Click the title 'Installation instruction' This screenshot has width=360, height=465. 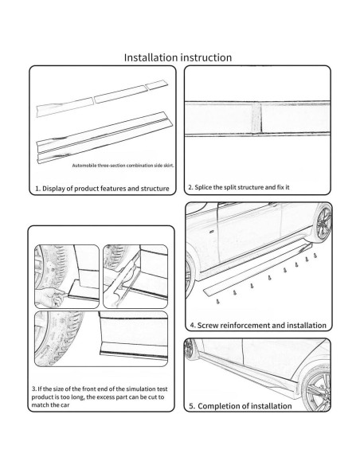click(178, 57)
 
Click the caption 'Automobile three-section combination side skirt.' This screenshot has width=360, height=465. click(123, 166)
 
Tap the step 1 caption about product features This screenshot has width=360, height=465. click(102, 189)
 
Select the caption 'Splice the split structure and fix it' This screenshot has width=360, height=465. click(239, 187)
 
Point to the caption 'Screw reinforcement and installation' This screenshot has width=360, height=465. click(258, 326)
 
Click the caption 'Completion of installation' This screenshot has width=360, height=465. click(241, 406)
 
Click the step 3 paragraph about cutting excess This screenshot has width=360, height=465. click(100, 397)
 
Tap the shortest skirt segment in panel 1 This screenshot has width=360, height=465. click(157, 84)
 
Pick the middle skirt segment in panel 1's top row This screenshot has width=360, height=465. click(119, 94)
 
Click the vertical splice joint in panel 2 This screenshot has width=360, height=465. click(256, 119)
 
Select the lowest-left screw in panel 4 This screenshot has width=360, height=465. click(218, 302)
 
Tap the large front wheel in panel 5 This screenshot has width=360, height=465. click(317, 389)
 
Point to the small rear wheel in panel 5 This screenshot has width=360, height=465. click(189, 348)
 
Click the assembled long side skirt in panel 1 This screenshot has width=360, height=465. click(104, 137)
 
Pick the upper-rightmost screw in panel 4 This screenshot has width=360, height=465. click(315, 255)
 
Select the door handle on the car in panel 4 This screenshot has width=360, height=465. click(212, 232)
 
